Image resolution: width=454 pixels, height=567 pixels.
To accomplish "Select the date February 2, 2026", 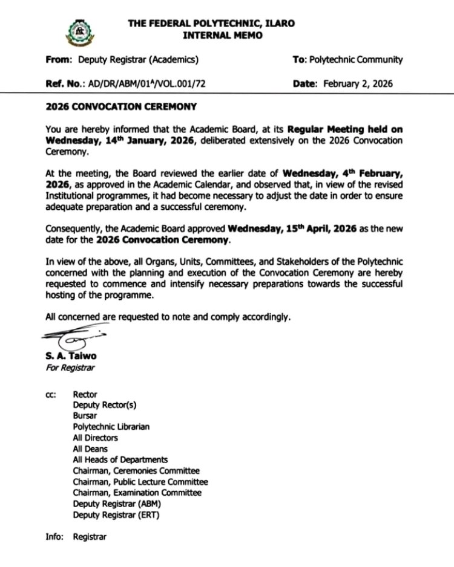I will [x=358, y=85].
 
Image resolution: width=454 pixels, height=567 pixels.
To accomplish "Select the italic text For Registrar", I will [x=70, y=367].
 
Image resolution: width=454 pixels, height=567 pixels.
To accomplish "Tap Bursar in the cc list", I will [x=85, y=416].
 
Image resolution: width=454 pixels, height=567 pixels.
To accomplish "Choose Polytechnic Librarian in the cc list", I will [x=111, y=427].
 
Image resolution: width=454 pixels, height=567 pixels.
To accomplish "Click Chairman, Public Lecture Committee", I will [x=140, y=482].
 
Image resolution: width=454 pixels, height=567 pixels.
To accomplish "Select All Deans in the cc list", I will [x=90, y=449].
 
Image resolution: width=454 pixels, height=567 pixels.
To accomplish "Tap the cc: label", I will [x=51, y=394].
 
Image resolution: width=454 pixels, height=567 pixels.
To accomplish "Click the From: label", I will [x=58, y=59].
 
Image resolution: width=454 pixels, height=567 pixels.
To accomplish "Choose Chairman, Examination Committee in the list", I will [x=137, y=493].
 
